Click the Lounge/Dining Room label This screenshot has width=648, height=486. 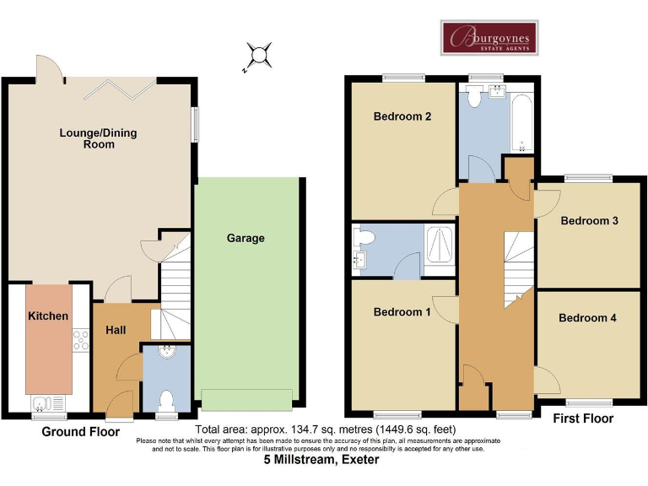(98, 138)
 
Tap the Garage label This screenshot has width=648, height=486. (246, 238)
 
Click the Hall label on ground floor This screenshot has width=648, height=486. (116, 329)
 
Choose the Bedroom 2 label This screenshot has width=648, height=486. (402, 116)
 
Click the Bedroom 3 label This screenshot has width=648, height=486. (590, 221)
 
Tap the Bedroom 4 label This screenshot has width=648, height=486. (587, 318)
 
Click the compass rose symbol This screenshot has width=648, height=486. (259, 56)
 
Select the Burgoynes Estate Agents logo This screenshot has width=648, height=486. (489, 38)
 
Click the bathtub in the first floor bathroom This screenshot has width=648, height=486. (523, 123)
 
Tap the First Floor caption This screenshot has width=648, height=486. (582, 418)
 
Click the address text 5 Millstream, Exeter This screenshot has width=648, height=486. (321, 461)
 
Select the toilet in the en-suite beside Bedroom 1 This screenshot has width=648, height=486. (365, 237)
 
